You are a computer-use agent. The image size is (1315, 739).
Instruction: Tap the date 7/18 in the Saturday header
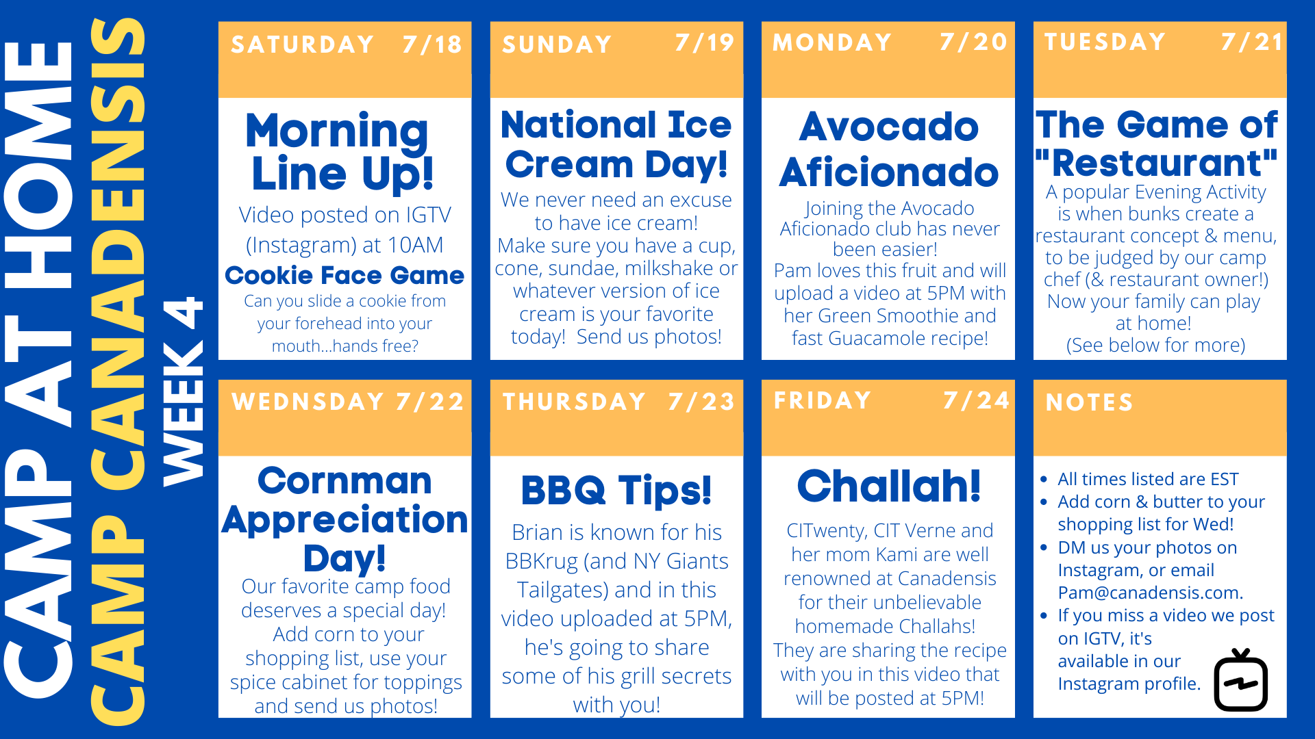click(x=432, y=44)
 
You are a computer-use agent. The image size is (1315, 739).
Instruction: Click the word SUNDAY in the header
click(x=557, y=44)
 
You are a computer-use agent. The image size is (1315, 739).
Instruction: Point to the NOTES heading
click(x=1089, y=402)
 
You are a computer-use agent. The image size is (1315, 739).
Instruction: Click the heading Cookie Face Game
click(x=345, y=275)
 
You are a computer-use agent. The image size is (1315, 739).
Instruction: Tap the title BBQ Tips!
click(x=616, y=490)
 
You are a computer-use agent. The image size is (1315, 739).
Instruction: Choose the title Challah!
click(x=889, y=486)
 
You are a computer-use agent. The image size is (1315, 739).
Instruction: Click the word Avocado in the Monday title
click(x=889, y=127)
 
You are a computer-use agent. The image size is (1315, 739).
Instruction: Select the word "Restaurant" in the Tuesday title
click(x=1157, y=163)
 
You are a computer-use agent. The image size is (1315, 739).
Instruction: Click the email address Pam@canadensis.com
click(x=1151, y=593)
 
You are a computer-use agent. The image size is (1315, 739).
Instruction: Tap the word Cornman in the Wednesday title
click(x=345, y=480)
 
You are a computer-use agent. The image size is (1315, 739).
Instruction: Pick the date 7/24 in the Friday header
click(x=976, y=400)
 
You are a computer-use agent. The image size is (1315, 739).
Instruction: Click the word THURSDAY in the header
click(x=574, y=402)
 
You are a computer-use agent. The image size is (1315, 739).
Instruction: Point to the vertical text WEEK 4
click(x=183, y=391)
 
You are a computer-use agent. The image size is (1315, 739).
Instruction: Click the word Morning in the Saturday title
click(x=337, y=131)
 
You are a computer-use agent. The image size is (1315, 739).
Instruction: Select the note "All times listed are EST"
click(x=1148, y=479)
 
